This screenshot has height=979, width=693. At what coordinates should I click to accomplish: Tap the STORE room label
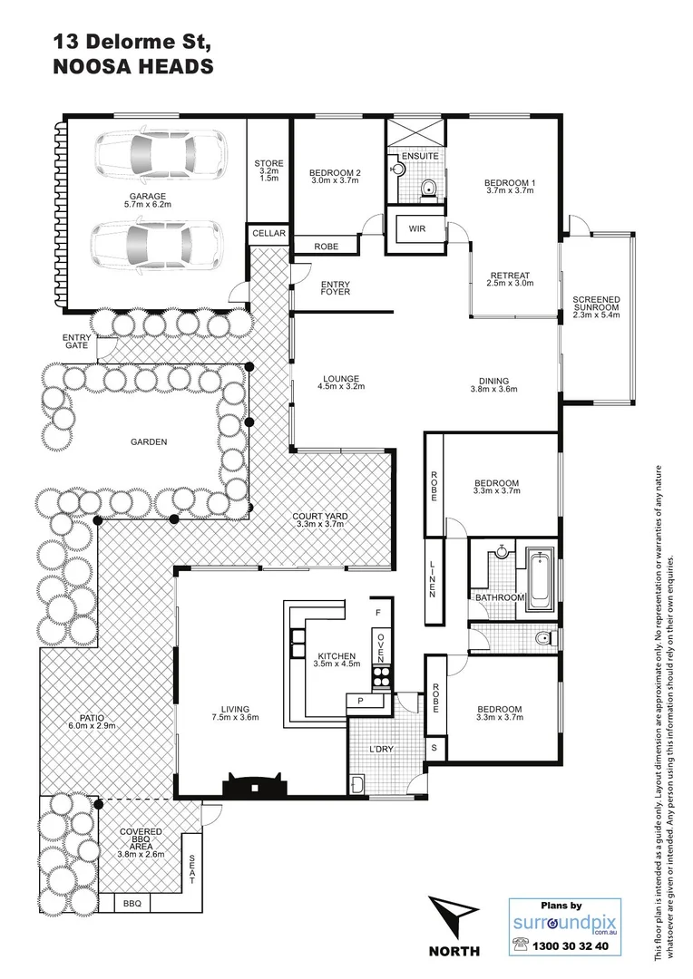point(268,164)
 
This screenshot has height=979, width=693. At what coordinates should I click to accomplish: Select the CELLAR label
point(268,234)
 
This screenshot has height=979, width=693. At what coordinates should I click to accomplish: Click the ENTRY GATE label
point(77,342)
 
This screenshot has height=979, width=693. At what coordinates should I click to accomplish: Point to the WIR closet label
point(416,229)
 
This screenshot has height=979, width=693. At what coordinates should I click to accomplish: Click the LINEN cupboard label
point(433,579)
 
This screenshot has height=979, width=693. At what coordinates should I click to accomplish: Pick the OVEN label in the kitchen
point(382,645)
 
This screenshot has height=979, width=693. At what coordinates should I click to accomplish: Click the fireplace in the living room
point(255,782)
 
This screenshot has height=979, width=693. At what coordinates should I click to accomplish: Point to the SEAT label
point(191,871)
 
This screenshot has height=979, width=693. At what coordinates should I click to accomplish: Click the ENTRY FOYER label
point(335,289)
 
